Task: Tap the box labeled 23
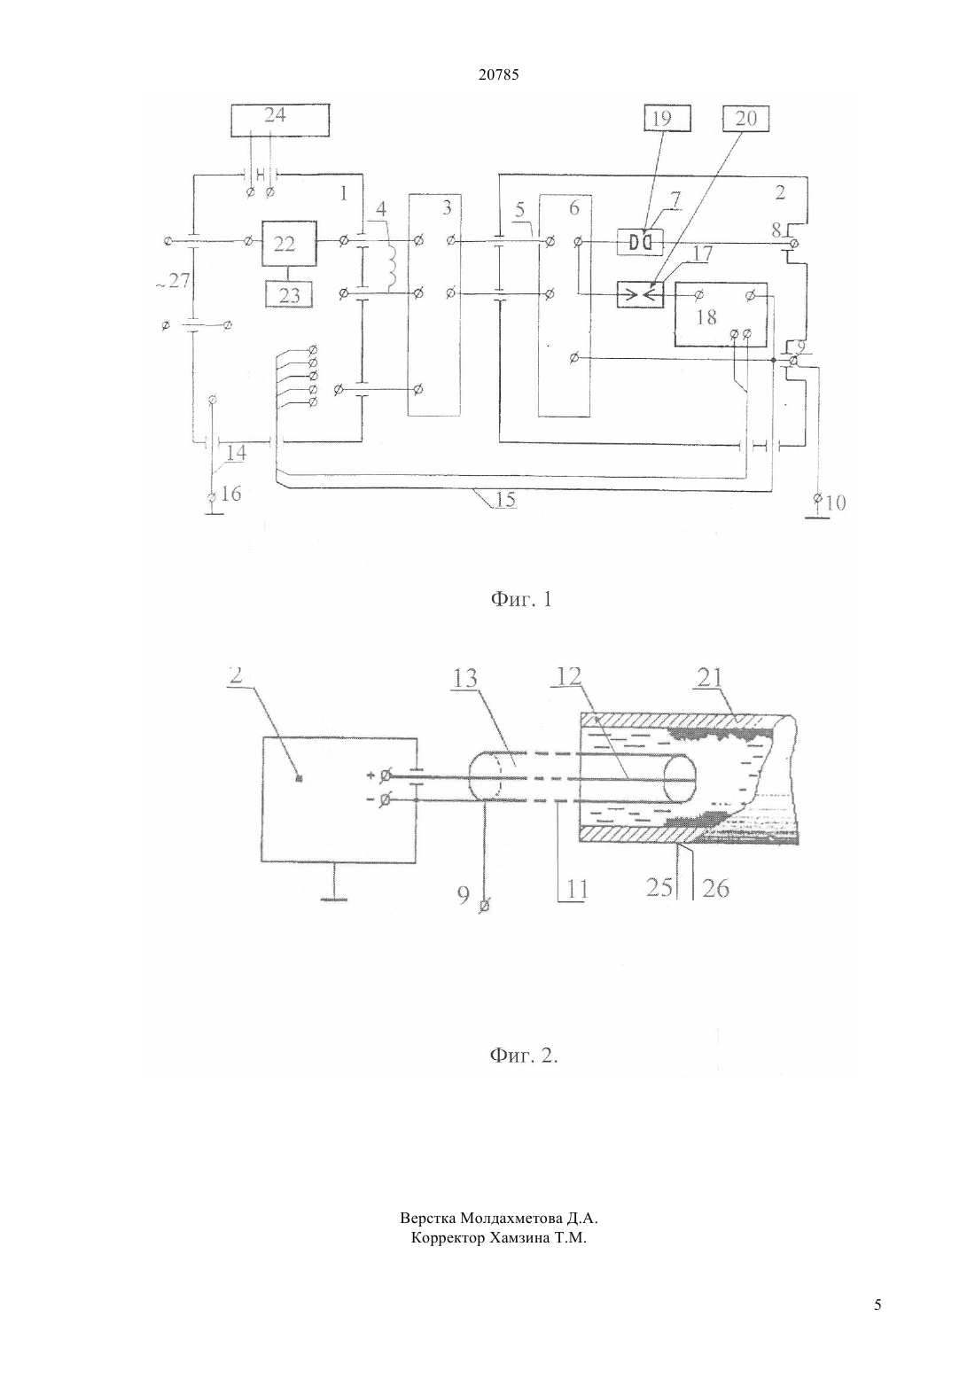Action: tap(289, 294)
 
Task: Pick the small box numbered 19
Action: tap(667, 118)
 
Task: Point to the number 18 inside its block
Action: tap(706, 317)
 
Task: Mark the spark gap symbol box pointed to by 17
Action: tap(641, 295)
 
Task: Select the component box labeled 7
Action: tap(641, 242)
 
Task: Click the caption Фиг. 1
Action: tap(521, 599)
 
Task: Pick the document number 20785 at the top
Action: tap(498, 75)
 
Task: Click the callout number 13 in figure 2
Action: tap(465, 678)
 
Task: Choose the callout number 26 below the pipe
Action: tap(715, 888)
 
